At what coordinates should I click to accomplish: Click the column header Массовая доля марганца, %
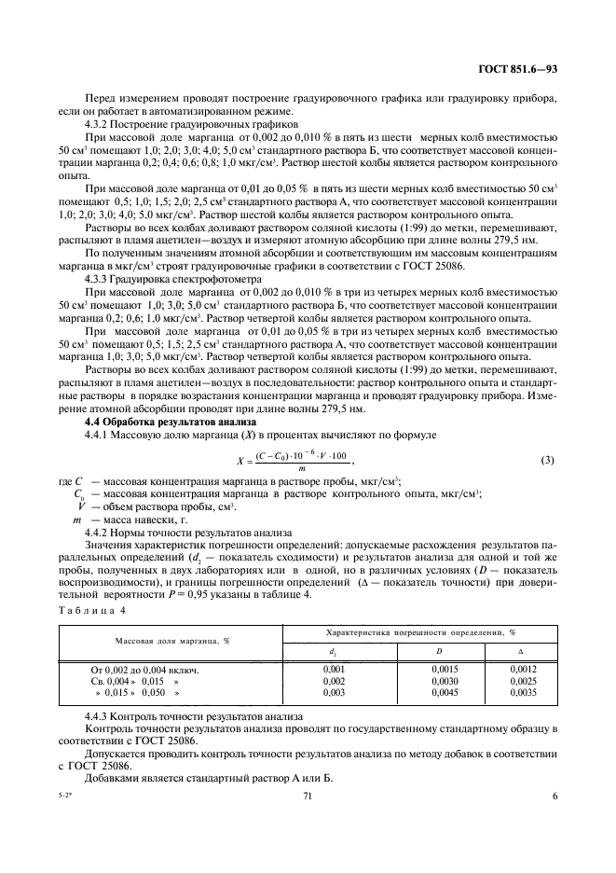[172, 642]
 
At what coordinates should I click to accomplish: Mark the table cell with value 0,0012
[523, 670]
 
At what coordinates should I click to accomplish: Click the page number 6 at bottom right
[554, 797]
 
